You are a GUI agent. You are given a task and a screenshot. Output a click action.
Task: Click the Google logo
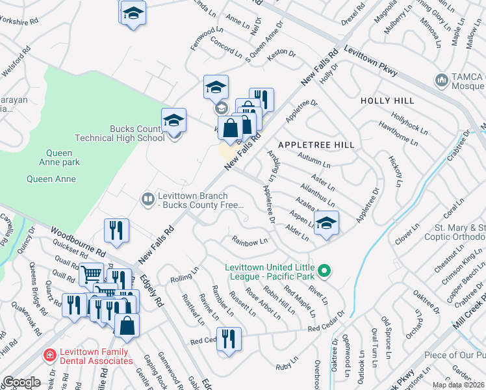(21, 382)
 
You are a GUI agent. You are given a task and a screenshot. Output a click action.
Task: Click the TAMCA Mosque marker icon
(442, 80)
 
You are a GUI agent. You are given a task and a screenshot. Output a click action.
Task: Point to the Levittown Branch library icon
(148, 199)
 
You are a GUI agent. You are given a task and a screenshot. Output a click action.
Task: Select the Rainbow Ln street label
(250, 241)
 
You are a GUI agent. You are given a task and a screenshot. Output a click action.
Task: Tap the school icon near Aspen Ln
(327, 222)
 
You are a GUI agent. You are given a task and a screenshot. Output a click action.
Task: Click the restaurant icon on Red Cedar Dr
(228, 339)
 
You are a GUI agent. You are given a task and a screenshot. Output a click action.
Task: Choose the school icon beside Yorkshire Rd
(133, 13)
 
